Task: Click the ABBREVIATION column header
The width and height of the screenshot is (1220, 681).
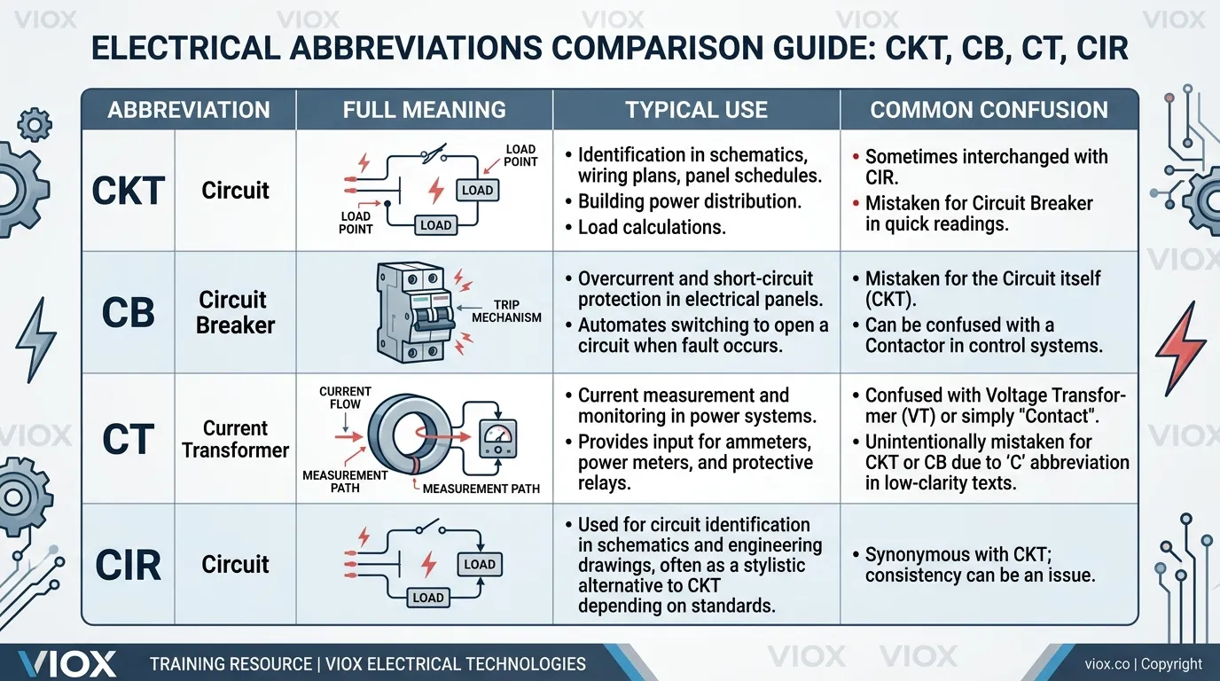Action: (189, 110)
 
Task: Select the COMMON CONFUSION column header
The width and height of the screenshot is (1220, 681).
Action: (989, 110)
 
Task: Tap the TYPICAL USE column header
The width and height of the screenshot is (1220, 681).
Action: (696, 110)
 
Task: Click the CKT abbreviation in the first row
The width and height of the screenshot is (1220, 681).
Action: (129, 191)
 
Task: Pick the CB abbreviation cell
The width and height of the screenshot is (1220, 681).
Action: (129, 312)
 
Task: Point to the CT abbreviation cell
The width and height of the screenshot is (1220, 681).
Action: (129, 440)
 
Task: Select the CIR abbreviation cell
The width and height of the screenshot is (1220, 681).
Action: (129, 564)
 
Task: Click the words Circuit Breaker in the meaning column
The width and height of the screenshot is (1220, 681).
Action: (235, 312)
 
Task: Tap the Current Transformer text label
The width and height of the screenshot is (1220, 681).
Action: (235, 439)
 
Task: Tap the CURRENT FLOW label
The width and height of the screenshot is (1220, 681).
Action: (345, 397)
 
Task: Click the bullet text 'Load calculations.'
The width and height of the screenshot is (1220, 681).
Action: (652, 227)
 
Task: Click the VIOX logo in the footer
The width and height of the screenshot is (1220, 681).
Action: (67, 663)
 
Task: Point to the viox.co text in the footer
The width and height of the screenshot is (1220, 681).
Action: (1109, 664)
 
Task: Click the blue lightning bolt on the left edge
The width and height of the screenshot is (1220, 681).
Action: (35, 340)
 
